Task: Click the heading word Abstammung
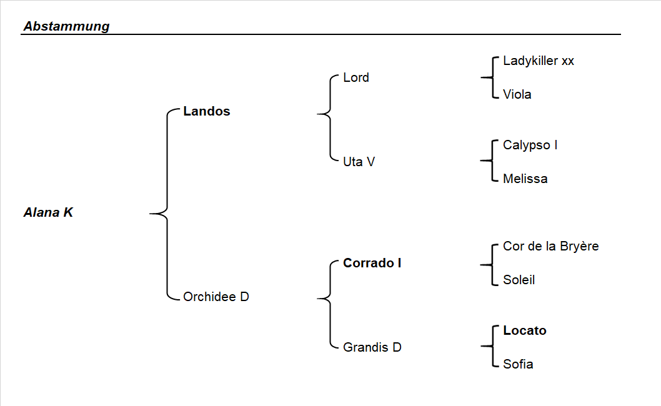pyautogui.click(x=66, y=26)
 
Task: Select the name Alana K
pyautogui.click(x=48, y=212)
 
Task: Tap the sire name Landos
pyautogui.click(x=206, y=111)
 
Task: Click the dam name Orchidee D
pyautogui.click(x=216, y=297)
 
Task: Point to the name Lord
pyautogui.click(x=356, y=77)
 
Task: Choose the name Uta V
pyautogui.click(x=359, y=162)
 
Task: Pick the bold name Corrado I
pyautogui.click(x=372, y=263)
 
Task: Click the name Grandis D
pyautogui.click(x=372, y=347)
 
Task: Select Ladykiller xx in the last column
pyautogui.click(x=538, y=61)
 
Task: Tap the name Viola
pyautogui.click(x=517, y=94)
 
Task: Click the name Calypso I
pyautogui.click(x=530, y=145)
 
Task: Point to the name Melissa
pyautogui.click(x=525, y=179)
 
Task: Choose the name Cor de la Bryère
pyautogui.click(x=550, y=246)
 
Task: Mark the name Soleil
pyautogui.click(x=519, y=280)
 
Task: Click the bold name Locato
pyautogui.click(x=524, y=330)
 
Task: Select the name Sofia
pyautogui.click(x=518, y=364)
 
